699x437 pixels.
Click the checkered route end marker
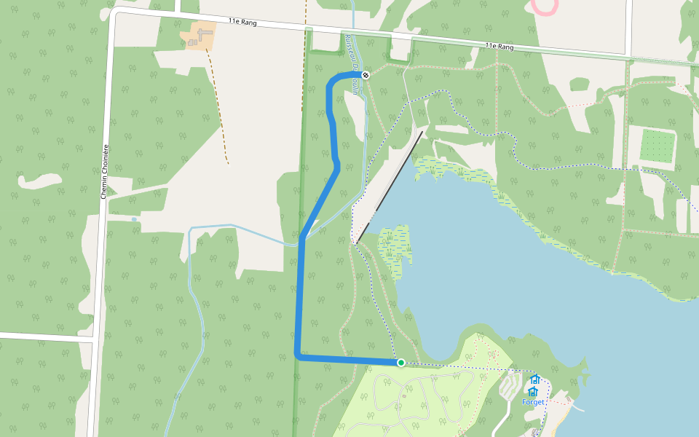[x=366, y=75]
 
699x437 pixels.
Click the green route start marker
[x=400, y=362]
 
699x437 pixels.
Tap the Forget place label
[x=533, y=402]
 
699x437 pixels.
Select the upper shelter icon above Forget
[x=534, y=379]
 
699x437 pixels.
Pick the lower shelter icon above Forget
[x=532, y=391]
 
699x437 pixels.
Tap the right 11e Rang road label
[x=499, y=47]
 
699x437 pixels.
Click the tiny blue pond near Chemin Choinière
[x=134, y=219]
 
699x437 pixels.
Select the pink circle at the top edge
[x=545, y=6]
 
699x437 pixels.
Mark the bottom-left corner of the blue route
[x=298, y=356]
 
